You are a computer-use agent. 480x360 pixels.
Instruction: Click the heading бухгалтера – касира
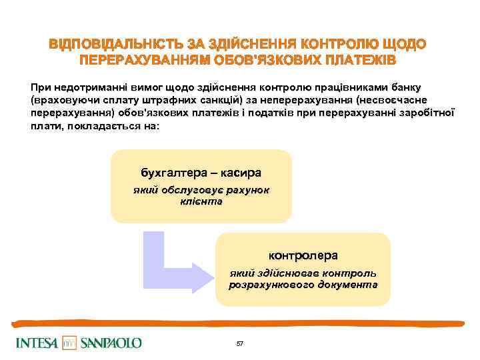coord(201,172)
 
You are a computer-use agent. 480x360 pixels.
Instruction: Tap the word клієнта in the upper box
coord(201,201)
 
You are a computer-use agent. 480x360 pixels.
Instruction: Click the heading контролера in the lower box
coord(303,255)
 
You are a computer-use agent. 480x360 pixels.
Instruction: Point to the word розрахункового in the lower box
coord(267,284)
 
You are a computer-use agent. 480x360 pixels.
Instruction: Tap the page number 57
coord(240,343)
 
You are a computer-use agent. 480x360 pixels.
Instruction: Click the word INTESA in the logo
coord(37,343)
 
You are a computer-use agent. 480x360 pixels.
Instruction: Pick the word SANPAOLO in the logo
coord(111,343)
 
